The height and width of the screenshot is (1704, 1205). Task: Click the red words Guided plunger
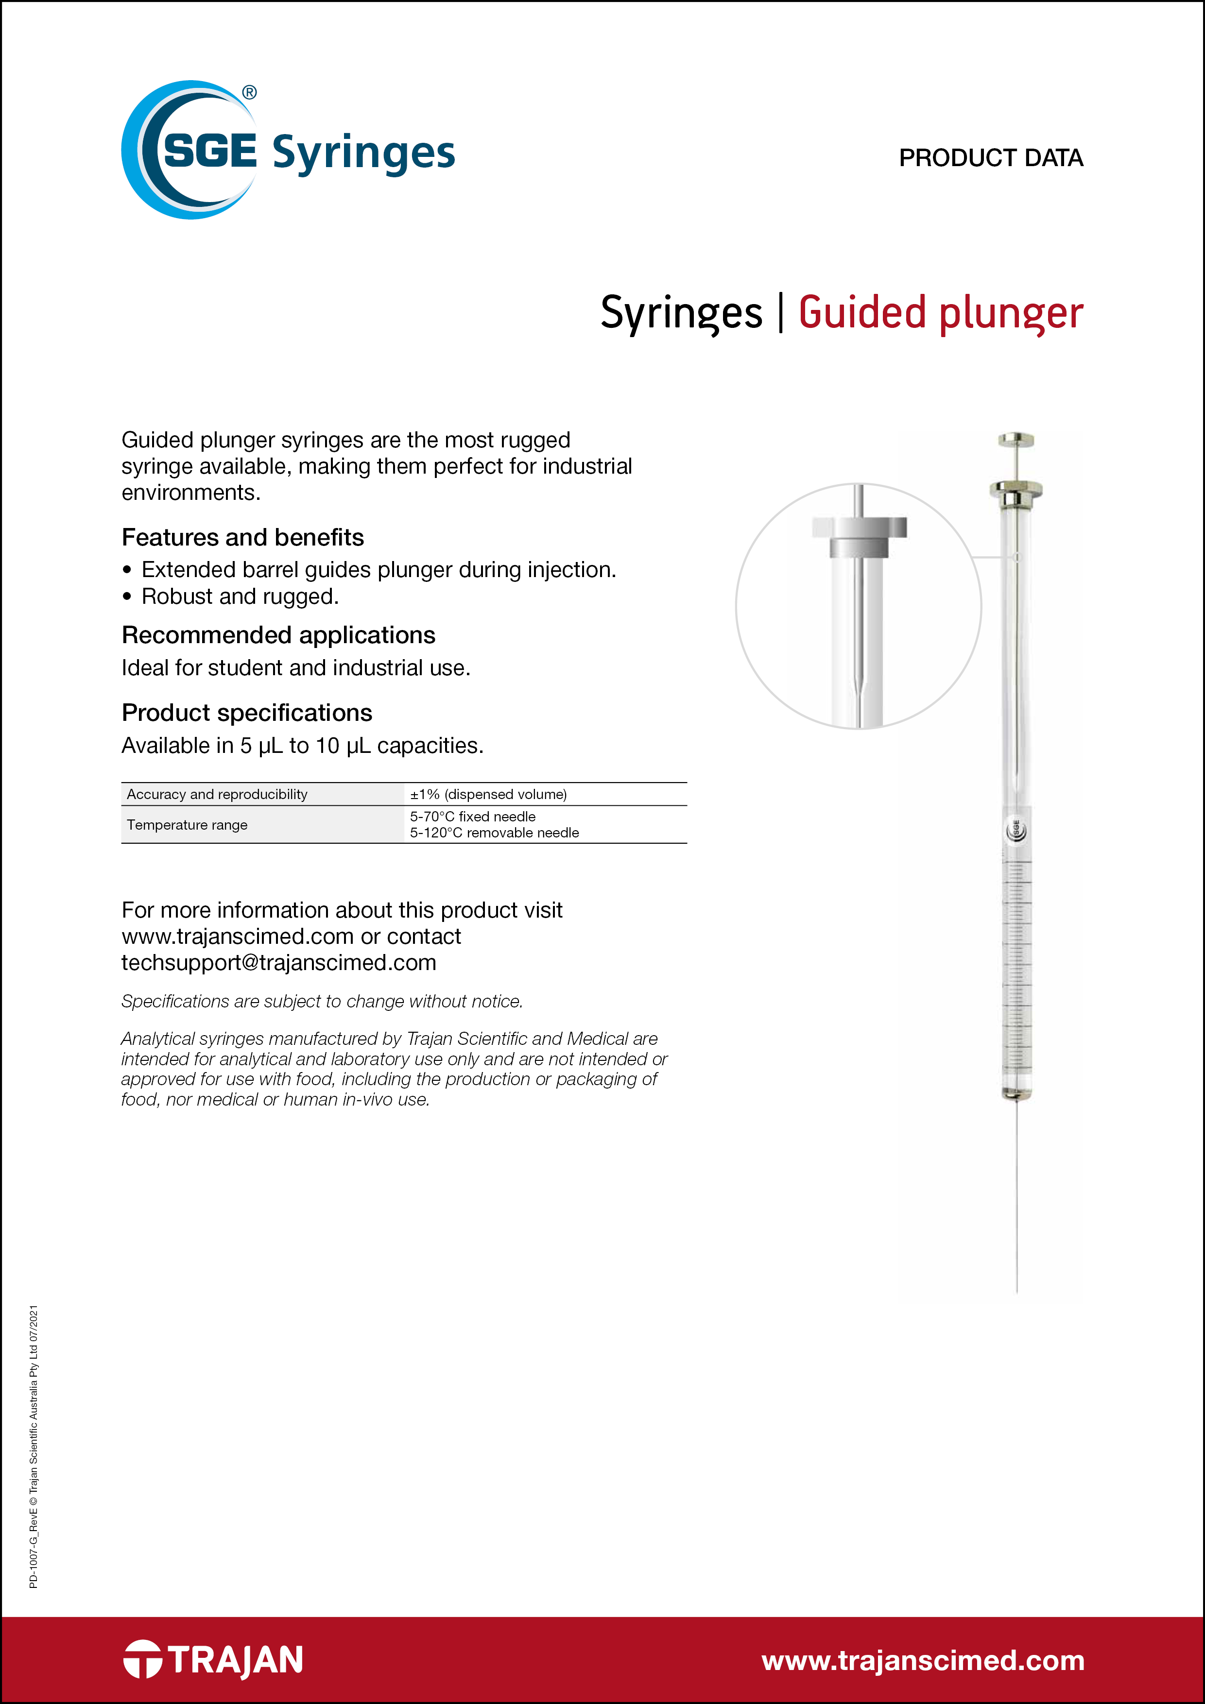coord(941,312)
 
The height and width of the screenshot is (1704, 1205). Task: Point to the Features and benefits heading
coord(243,537)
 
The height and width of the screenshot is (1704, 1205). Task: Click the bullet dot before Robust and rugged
coord(128,596)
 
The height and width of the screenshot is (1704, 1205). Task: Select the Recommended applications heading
coord(278,635)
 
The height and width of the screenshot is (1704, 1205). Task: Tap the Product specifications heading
coord(246,713)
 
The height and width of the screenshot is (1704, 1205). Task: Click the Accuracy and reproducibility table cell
coord(217,794)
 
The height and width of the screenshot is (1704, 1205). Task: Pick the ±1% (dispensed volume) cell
coord(488,794)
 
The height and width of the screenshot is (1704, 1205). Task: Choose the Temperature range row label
coord(187,824)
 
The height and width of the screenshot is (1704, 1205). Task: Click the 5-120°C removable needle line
coord(495,833)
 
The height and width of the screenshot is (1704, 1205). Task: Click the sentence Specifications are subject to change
coord(322,1001)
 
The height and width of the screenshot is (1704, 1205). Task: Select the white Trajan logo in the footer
coord(213,1659)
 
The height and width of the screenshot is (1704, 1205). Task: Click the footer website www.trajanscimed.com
coord(923,1660)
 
